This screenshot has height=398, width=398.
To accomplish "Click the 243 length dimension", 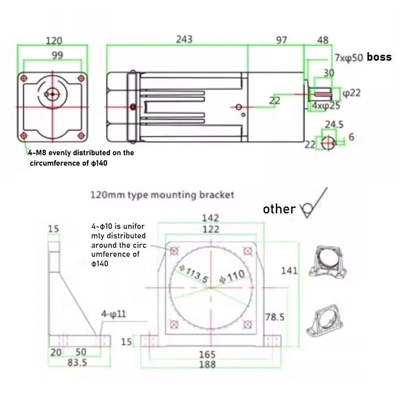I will tap(184, 39).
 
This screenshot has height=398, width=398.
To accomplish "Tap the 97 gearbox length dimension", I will tap(282, 40).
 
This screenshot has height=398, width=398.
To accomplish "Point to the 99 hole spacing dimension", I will tap(57, 55).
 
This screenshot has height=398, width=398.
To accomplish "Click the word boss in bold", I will tap(379, 57).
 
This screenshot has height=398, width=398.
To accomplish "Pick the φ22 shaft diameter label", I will tap(351, 93).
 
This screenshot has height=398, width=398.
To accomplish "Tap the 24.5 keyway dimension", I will tap(334, 124).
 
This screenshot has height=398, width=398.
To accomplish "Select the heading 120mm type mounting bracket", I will tap(162, 195).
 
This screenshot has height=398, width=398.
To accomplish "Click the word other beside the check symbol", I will tap(279, 209).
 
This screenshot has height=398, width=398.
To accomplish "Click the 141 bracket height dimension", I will tap(289, 270).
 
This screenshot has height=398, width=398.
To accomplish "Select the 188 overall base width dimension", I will tap(207, 365).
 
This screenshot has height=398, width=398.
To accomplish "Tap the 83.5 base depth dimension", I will tap(77, 363).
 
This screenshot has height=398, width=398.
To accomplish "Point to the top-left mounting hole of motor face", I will tap(24, 78).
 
